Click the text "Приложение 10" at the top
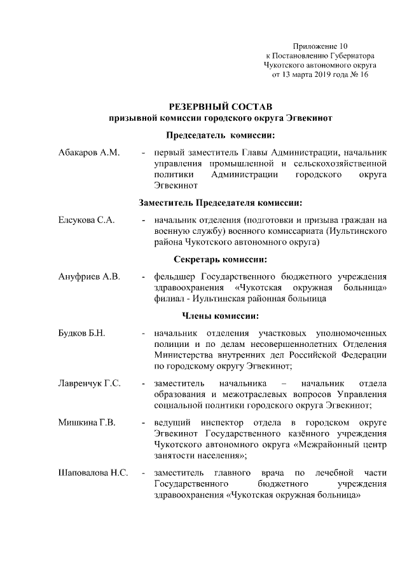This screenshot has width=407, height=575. coord(321,46)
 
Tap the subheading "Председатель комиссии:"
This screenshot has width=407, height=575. coord(221,135)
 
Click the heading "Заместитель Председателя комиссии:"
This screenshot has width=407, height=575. coord(221,203)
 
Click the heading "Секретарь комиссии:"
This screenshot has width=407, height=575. coord(221,259)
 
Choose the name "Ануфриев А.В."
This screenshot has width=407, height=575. coord(88,277)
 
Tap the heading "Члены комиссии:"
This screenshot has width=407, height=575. coord(221,316)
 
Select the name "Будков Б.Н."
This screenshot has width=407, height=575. coord(81,334)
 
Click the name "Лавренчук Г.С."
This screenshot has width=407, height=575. coord(90,383)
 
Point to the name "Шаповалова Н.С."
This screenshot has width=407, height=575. coord(93,473)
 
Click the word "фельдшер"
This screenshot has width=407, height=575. coord(175,277)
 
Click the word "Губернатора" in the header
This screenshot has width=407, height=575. coord(350,56)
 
